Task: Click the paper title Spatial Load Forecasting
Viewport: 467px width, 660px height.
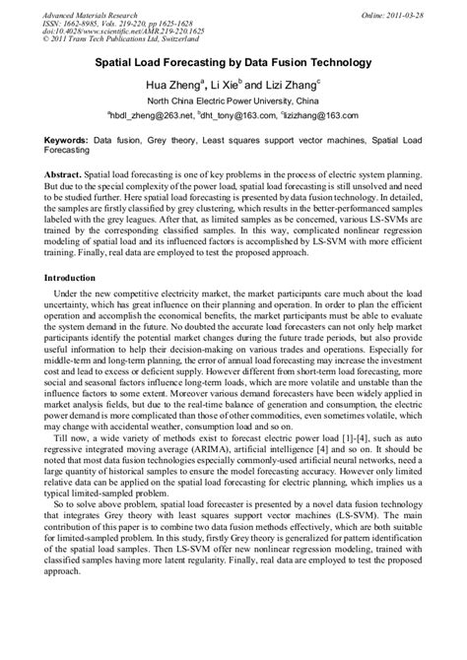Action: pyautogui.click(x=232, y=63)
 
